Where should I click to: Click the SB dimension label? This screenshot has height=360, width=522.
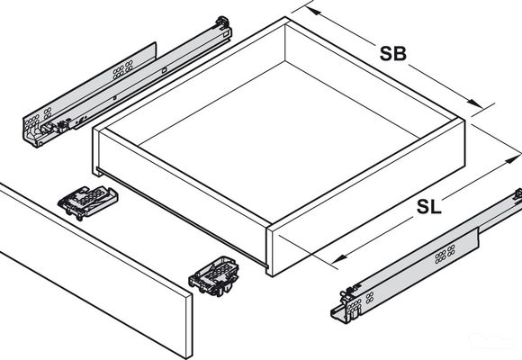pos(392,53)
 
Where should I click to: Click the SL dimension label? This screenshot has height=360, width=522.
pos(428,207)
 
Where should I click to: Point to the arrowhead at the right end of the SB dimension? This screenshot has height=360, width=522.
pos(470,104)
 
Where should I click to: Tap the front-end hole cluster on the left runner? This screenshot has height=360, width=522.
pos(34,118)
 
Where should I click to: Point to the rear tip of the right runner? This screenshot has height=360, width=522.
pos(517,194)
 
